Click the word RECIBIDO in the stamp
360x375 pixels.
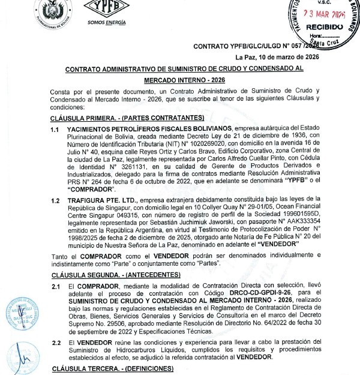[324, 26]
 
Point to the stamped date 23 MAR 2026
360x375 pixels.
[324, 13]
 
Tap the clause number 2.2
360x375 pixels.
[55, 343]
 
